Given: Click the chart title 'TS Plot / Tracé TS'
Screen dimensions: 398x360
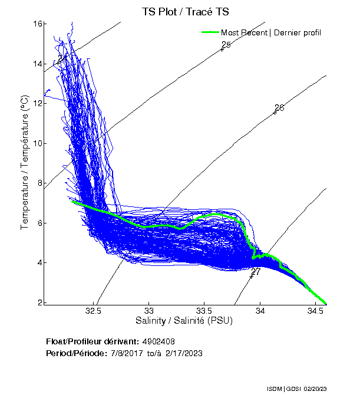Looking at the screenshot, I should tap(185, 11).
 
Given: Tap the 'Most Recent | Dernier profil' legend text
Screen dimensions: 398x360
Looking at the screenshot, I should tap(271, 32).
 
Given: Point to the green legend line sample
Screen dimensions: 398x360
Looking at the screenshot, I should tap(209, 32).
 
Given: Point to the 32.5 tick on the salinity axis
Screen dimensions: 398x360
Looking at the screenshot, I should tap(94, 311).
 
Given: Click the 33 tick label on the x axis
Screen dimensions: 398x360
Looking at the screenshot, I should tap(149, 311).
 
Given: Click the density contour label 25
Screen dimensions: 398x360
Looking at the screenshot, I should tap(226, 45).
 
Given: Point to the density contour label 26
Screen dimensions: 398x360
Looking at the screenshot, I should tap(279, 108).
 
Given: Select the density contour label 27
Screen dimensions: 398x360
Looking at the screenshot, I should tap(255, 272).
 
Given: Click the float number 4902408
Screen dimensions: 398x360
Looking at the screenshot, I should tap(158, 341).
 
